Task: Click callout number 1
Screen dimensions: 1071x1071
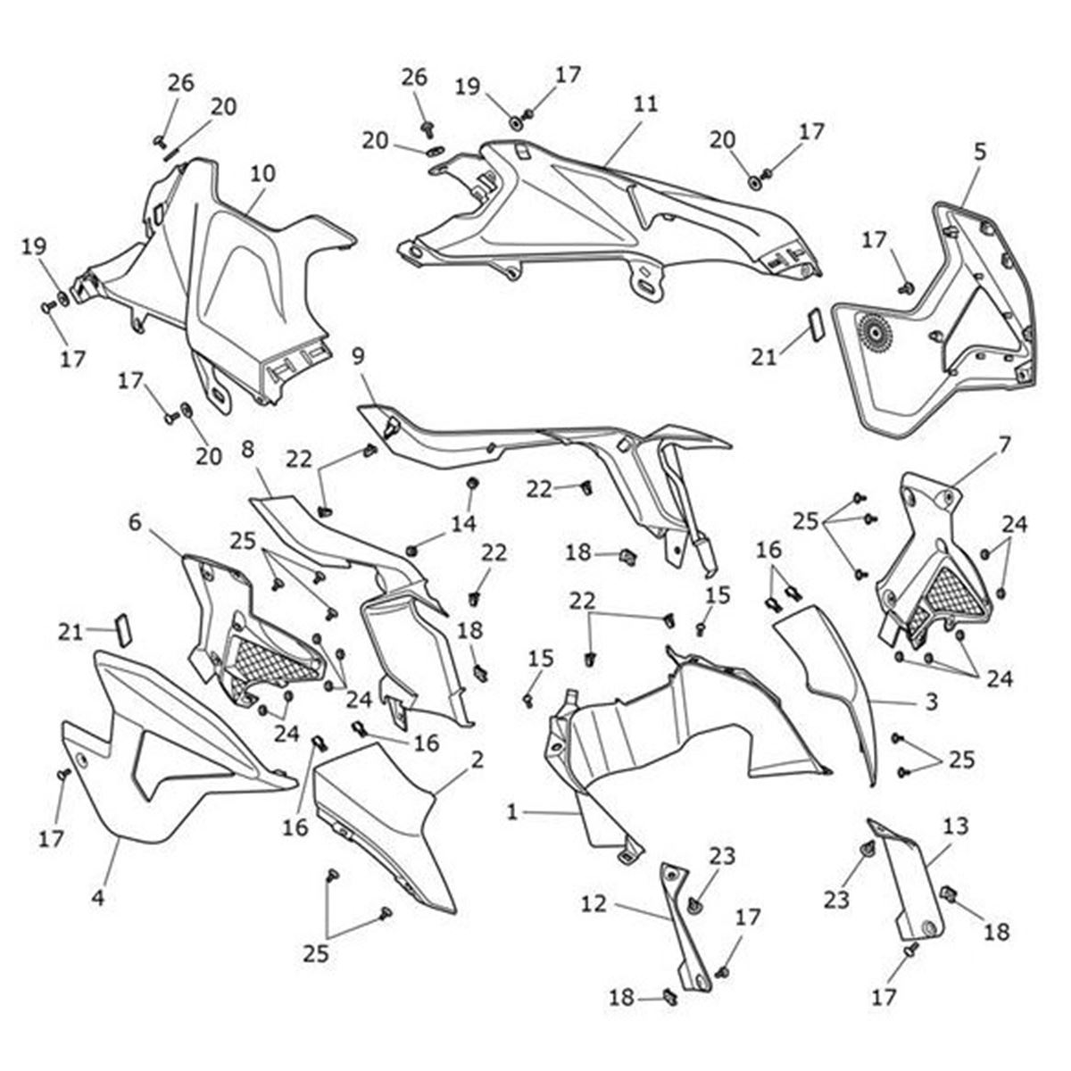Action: pyautogui.click(x=512, y=812)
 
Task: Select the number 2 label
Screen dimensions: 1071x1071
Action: pyautogui.click(x=477, y=760)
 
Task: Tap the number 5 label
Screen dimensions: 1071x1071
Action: pyautogui.click(x=980, y=152)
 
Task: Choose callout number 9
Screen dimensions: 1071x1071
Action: pyautogui.click(x=359, y=357)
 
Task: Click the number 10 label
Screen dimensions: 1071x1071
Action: pyautogui.click(x=263, y=173)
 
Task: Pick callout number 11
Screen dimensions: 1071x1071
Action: pyautogui.click(x=646, y=104)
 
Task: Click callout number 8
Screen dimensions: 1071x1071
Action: pyautogui.click(x=248, y=448)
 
